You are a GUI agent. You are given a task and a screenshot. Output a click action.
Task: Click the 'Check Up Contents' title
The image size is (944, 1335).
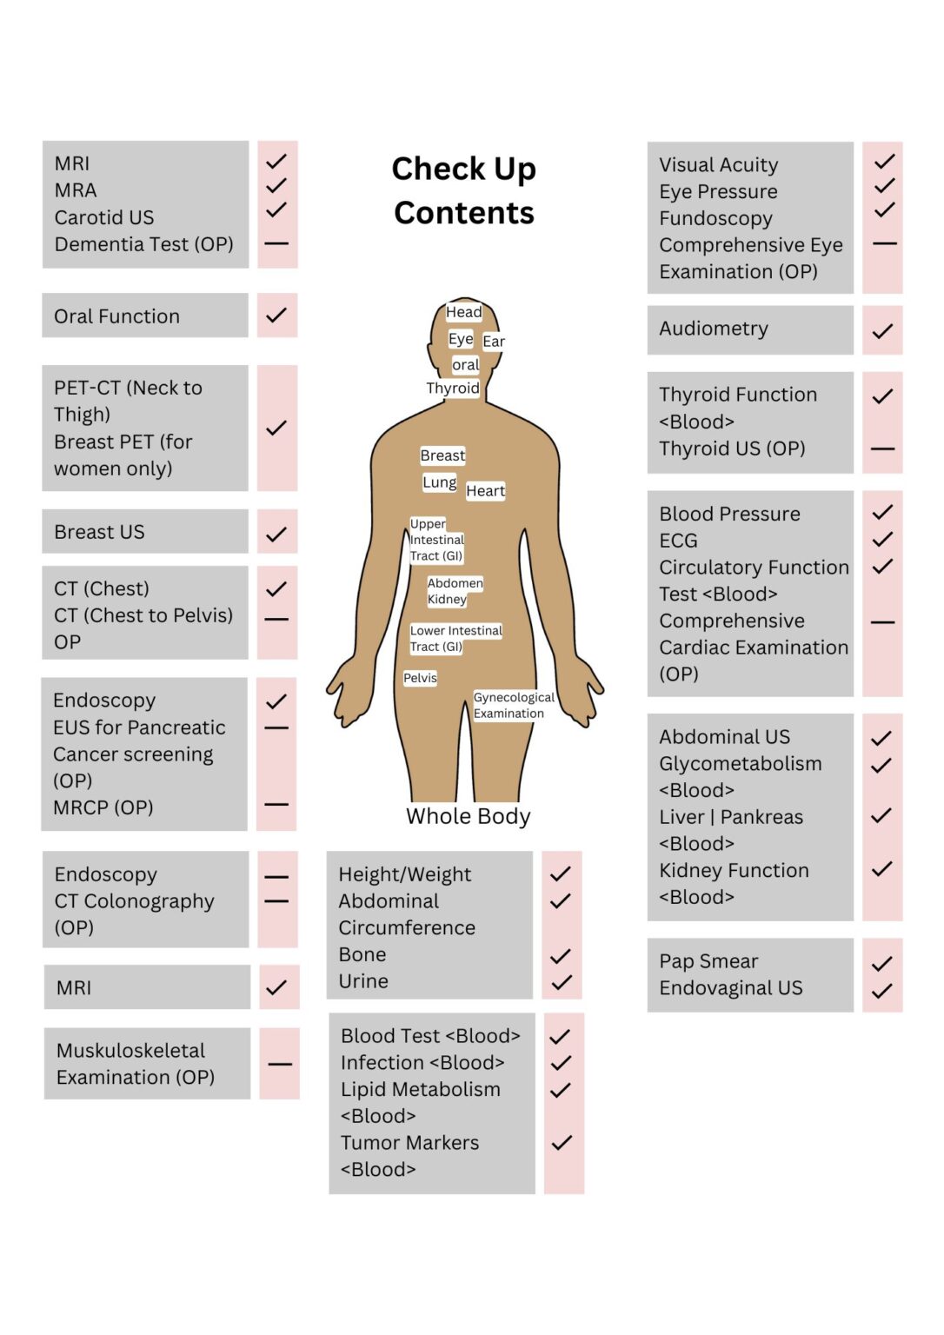click(x=463, y=190)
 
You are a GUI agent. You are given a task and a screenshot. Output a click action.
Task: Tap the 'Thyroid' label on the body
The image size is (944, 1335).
click(x=453, y=388)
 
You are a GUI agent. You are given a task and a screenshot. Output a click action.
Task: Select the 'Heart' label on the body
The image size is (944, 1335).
click(x=485, y=490)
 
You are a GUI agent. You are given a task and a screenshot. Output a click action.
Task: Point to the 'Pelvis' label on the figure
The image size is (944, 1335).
click(x=420, y=678)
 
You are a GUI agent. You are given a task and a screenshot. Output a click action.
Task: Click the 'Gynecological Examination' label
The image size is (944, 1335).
click(x=514, y=705)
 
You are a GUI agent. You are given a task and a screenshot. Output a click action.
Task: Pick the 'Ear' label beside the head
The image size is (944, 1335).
click(x=494, y=341)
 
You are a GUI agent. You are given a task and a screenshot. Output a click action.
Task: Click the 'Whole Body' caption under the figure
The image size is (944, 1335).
click(x=468, y=816)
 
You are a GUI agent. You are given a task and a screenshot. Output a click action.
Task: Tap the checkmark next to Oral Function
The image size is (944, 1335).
click(x=276, y=315)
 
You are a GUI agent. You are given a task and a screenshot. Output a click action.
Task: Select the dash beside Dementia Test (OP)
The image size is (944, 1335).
click(x=276, y=243)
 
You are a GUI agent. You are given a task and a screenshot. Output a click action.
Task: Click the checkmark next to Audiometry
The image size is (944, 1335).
click(x=882, y=331)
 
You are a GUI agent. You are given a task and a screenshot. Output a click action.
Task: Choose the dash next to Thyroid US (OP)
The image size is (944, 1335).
click(x=882, y=448)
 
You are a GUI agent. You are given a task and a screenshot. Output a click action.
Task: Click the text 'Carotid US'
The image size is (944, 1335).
click(x=104, y=217)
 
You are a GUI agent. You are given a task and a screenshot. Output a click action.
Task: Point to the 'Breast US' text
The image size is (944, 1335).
click(x=99, y=532)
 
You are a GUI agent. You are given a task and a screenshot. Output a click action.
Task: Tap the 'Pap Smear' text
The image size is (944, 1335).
click(x=708, y=960)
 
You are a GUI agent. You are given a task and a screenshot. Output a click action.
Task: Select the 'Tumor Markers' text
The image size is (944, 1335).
click(x=410, y=1143)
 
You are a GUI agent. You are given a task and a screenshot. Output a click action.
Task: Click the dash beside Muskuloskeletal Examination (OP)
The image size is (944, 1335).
click(x=280, y=1064)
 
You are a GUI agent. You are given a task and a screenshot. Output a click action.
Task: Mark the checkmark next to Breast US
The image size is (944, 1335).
click(x=276, y=534)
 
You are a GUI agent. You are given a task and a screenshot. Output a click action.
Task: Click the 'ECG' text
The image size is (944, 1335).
click(x=678, y=541)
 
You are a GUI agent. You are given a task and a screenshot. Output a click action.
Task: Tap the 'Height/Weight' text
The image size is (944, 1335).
click(x=405, y=874)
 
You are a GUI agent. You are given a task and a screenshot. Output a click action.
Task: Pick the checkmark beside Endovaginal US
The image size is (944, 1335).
click(x=882, y=991)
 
